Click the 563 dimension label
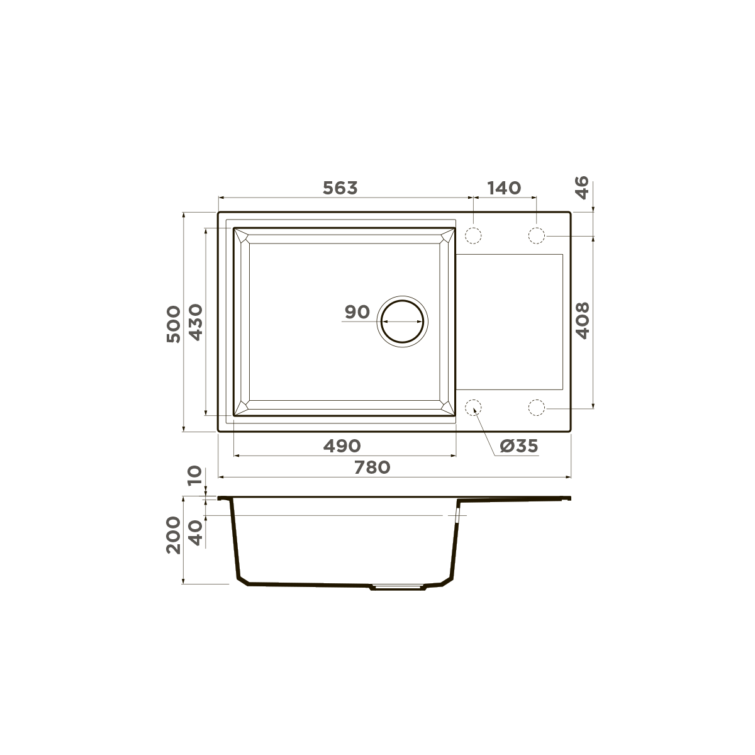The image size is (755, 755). (340, 187)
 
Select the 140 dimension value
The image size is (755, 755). (503, 187)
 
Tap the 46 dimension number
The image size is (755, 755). (582, 187)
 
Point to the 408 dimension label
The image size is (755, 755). (582, 320)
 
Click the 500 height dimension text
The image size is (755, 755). (173, 323)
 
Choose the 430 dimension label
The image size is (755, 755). (195, 322)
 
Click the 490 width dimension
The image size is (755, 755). (342, 446)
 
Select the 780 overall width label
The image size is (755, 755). (372, 467)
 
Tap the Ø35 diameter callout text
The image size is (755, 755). (519, 446)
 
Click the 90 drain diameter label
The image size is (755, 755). (357, 312)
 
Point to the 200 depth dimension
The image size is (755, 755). (173, 535)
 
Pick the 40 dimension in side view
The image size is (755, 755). (195, 532)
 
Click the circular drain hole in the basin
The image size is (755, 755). (402, 320)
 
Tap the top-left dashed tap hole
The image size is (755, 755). (473, 236)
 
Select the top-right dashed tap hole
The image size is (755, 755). (536, 236)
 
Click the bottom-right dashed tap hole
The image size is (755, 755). (536, 408)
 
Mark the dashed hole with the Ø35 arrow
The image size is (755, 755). (473, 408)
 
